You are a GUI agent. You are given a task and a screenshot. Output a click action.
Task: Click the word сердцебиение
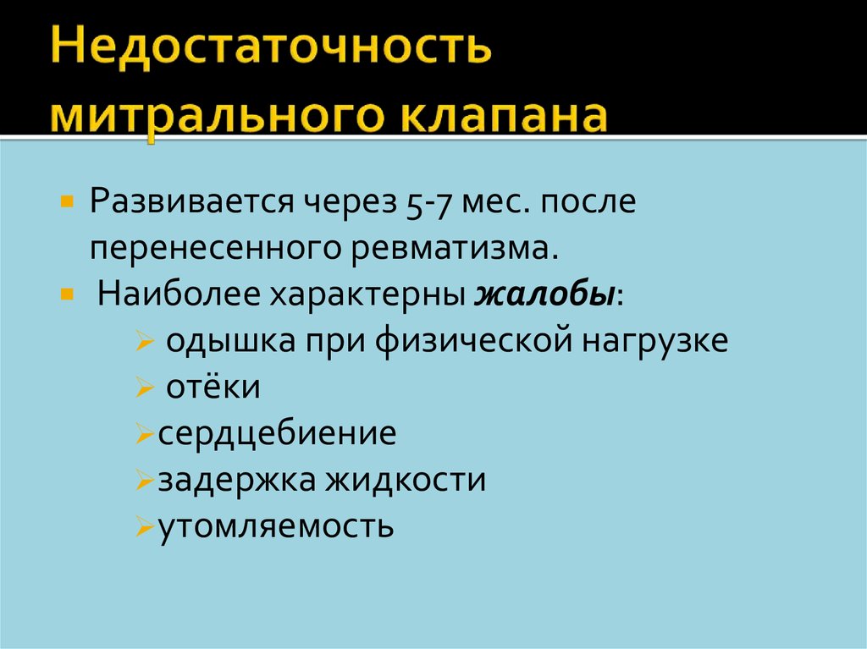pyautogui.click(x=277, y=435)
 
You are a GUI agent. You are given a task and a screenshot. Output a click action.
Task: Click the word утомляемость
pyautogui.click(x=276, y=527)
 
